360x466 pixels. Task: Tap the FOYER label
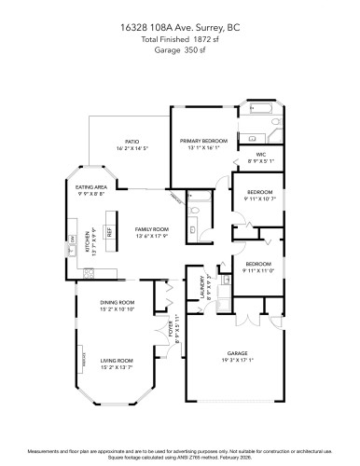point(170,328)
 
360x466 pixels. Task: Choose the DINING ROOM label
point(118,302)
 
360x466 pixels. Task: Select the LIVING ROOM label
point(117,360)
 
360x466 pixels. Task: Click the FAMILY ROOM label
point(151,228)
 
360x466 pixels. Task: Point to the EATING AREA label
point(90,188)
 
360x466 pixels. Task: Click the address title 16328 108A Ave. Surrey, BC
point(181,27)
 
